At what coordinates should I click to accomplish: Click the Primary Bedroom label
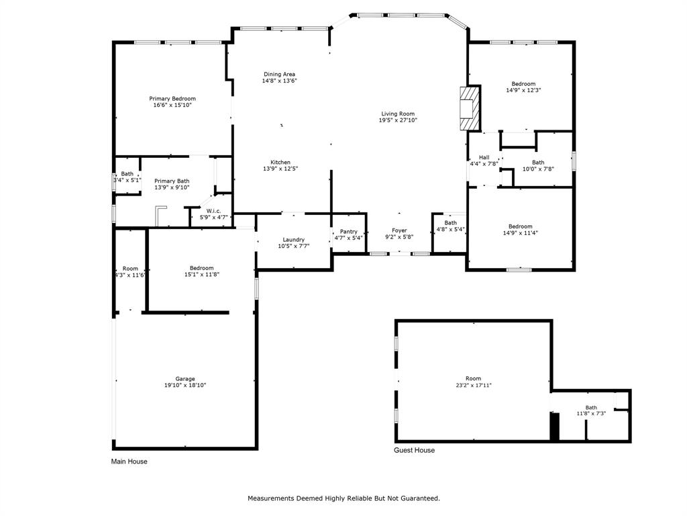pyautogui.click(x=172, y=99)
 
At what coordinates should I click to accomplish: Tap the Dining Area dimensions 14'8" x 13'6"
pyautogui.click(x=279, y=81)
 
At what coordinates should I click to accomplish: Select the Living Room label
pyautogui.click(x=398, y=114)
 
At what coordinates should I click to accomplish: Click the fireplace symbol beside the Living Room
pyautogui.click(x=470, y=107)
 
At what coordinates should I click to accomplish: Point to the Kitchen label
pyautogui.click(x=280, y=162)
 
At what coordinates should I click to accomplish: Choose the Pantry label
pyautogui.click(x=349, y=231)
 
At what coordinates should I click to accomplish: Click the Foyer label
pyautogui.click(x=399, y=230)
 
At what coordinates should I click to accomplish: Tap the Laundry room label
pyautogui.click(x=294, y=239)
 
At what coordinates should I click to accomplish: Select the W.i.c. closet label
pyautogui.click(x=214, y=211)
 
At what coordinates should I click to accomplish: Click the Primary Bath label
pyautogui.click(x=172, y=181)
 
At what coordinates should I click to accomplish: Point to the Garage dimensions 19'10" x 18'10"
pyautogui.click(x=185, y=386)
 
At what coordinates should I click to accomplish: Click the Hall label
pyautogui.click(x=484, y=157)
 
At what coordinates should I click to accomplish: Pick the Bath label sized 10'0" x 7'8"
pyautogui.click(x=538, y=162)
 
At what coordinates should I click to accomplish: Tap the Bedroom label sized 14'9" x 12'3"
pyautogui.click(x=523, y=84)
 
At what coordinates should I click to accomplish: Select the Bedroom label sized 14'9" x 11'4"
pyautogui.click(x=520, y=226)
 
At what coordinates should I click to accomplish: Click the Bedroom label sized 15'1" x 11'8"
pyautogui.click(x=201, y=268)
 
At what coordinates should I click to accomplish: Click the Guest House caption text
pyautogui.click(x=414, y=450)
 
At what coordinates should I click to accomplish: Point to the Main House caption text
pyautogui.click(x=129, y=462)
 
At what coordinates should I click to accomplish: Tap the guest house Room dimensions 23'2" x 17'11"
pyautogui.click(x=474, y=386)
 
